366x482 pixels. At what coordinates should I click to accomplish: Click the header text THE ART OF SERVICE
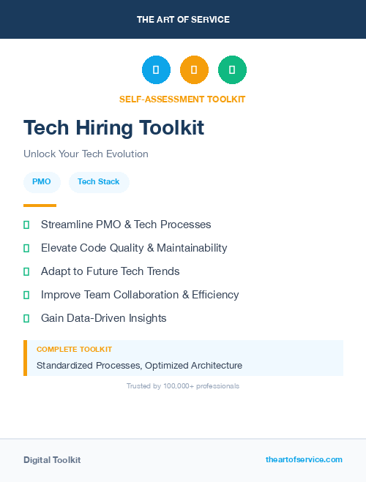(x=183, y=20)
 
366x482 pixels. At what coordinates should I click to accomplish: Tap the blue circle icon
(x=156, y=70)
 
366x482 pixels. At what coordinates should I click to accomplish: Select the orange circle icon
(x=194, y=70)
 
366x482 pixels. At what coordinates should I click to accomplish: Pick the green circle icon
(x=232, y=70)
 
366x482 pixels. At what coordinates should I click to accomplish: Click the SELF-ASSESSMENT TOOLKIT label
(x=182, y=99)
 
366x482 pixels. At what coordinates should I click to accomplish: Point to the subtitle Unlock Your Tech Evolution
(x=86, y=154)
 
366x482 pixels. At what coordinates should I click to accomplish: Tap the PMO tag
(x=42, y=182)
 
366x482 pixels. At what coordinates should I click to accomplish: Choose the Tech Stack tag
(x=99, y=182)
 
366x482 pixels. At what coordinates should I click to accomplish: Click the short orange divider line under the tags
(x=40, y=206)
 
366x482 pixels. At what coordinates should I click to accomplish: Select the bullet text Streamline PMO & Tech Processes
(x=126, y=225)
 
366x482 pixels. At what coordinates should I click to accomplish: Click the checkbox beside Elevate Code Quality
(x=26, y=248)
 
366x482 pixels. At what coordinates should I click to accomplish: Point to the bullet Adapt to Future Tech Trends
(x=110, y=271)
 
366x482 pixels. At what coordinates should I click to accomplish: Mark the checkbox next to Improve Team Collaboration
(x=26, y=295)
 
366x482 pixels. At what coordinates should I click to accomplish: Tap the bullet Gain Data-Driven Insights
(x=104, y=318)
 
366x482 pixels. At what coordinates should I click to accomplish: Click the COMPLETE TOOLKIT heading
(x=74, y=350)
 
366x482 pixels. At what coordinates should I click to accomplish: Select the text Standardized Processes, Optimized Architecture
(x=139, y=365)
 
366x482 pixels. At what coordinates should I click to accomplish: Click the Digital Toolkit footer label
(x=52, y=460)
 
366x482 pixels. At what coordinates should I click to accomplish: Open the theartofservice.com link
(x=304, y=459)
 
